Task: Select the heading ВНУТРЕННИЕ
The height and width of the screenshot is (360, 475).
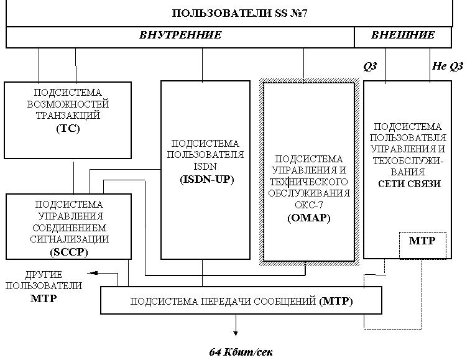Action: (180, 35)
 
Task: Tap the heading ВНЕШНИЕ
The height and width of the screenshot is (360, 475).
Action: (403, 35)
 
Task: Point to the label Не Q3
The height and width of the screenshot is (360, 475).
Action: (448, 66)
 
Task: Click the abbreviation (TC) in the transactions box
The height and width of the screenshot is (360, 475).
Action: (68, 129)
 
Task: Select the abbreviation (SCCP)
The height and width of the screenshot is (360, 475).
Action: (68, 252)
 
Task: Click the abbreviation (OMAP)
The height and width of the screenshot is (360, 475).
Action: (308, 218)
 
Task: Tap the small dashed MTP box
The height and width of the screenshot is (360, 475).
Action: (422, 241)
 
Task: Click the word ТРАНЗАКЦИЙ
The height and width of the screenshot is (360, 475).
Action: (68, 116)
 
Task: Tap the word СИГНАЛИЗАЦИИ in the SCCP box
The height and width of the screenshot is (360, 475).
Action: (68, 239)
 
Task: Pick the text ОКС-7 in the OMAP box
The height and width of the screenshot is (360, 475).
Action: (308, 205)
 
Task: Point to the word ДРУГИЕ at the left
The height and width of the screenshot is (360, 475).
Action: (44, 274)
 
